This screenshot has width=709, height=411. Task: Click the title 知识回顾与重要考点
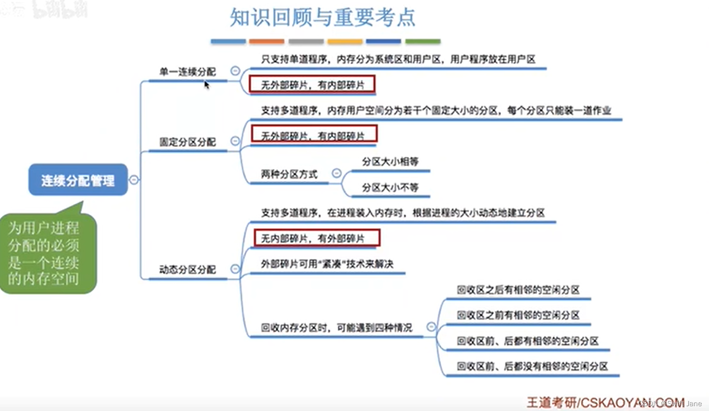322,17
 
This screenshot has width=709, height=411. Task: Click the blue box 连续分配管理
78,180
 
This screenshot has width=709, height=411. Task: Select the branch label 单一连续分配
187,72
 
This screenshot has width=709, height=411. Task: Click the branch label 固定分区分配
187,142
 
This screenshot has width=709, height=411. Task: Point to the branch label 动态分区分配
187,270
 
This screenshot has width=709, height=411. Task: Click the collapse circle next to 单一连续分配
235,71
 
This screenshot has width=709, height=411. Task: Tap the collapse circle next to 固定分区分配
235,141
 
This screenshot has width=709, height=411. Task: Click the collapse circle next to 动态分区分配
235,269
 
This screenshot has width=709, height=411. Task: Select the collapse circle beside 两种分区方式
337,173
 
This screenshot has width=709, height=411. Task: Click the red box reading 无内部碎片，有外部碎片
317,238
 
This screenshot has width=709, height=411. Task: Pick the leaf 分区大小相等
390,162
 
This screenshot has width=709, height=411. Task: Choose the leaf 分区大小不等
390,187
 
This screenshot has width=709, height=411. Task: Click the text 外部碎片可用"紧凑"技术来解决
327,264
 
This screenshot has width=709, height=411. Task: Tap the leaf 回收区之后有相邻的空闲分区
518,290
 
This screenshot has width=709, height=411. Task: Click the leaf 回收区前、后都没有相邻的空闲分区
532,367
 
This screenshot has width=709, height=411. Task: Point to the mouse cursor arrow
206,84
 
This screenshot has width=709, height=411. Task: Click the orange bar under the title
267,42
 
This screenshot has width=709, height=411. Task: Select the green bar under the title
423,42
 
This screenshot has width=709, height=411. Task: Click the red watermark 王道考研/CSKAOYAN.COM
605,402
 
